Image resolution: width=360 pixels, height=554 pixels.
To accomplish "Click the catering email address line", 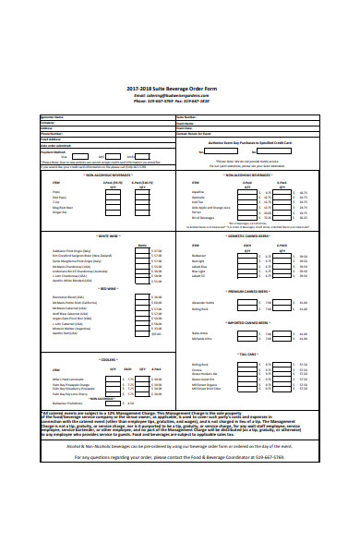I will coord(179,95).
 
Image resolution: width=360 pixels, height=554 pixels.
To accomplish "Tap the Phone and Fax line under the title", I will coord(179,102).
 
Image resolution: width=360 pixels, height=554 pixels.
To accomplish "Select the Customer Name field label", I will coord(53,117).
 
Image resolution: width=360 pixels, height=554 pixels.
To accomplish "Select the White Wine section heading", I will coord(108,237).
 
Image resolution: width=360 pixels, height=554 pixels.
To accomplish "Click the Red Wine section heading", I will coord(108,287).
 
